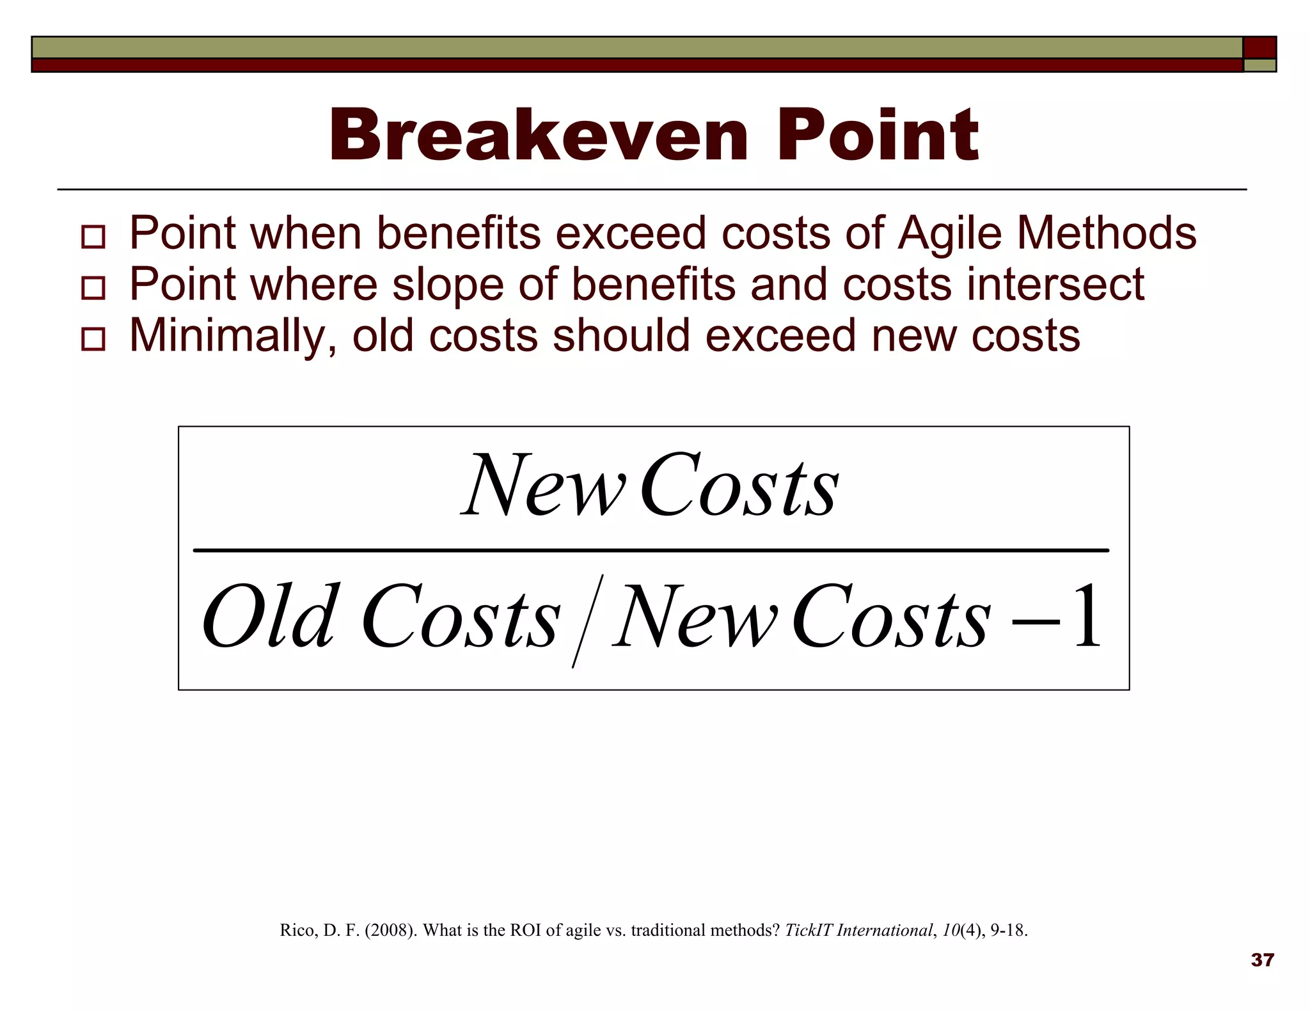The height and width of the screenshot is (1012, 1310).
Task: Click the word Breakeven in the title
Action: [x=537, y=136]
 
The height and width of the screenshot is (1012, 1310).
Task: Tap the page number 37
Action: [x=1262, y=960]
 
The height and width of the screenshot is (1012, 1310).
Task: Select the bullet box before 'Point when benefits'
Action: [x=93, y=237]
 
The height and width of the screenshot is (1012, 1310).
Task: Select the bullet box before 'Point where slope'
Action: [x=93, y=288]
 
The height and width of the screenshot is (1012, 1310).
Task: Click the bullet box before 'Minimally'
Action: [x=93, y=339]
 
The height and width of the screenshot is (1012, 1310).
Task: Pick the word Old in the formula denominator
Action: [x=269, y=617]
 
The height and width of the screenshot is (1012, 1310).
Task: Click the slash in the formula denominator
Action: [x=587, y=621]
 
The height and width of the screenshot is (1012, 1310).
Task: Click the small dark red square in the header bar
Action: [x=1259, y=48]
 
